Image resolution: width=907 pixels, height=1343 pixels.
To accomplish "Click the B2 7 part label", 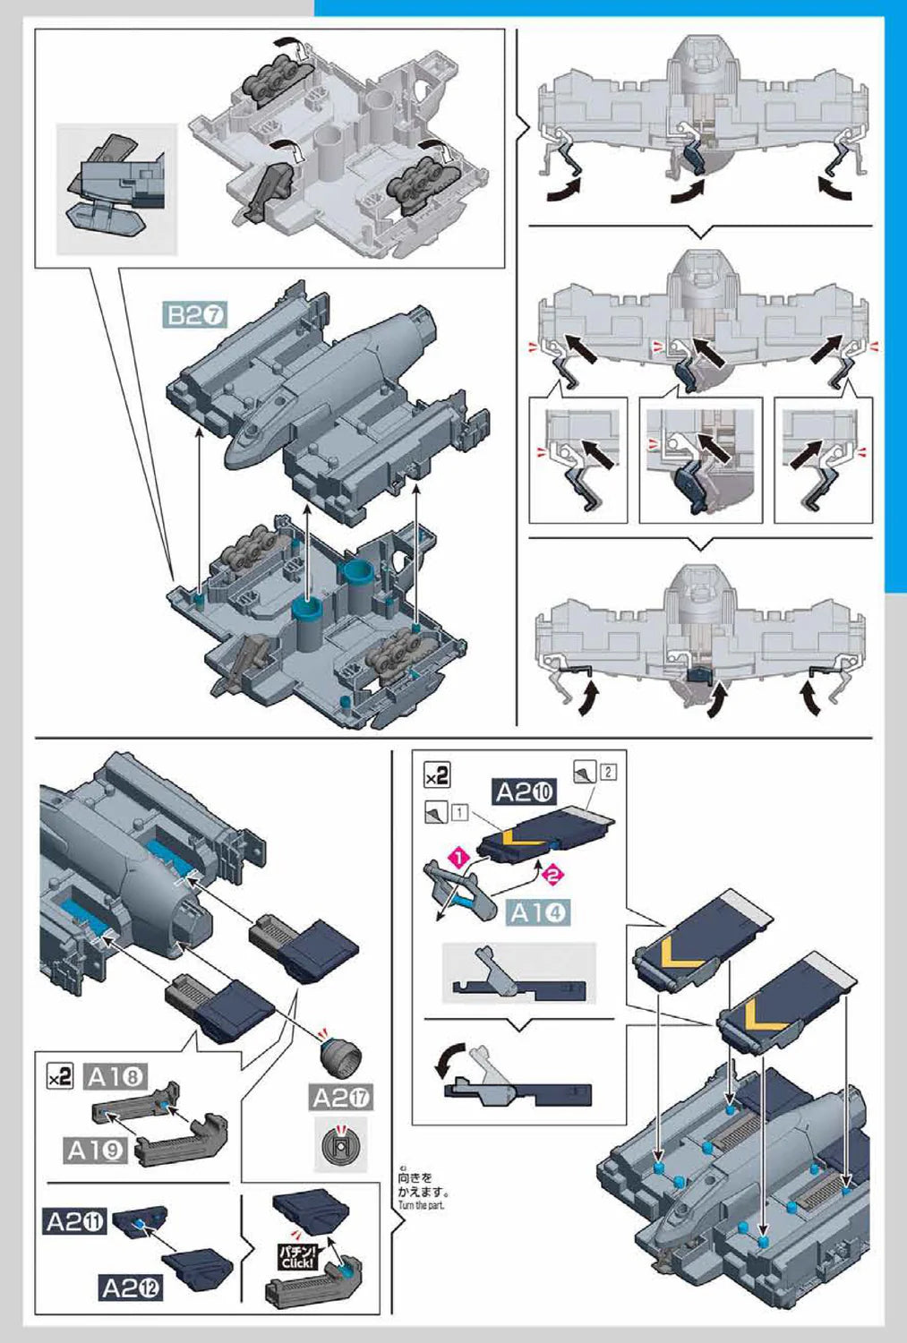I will pyautogui.click(x=195, y=314).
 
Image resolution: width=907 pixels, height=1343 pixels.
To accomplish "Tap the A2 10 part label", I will pyautogui.click(x=525, y=791).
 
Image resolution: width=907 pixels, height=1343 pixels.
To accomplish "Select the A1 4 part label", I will pyautogui.click(x=538, y=912).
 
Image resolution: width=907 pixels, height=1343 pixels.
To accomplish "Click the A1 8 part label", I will pyautogui.click(x=116, y=1076).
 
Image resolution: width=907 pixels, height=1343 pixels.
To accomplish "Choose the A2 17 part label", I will pyautogui.click(x=341, y=1098).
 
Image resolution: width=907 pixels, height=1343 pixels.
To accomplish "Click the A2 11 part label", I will pyautogui.click(x=75, y=1221).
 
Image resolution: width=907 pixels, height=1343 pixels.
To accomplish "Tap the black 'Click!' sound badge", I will pyautogui.click(x=296, y=1257).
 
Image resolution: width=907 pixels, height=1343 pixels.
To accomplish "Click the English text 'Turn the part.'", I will pyautogui.click(x=421, y=1205).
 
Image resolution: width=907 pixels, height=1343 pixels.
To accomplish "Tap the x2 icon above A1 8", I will pyautogui.click(x=59, y=1077).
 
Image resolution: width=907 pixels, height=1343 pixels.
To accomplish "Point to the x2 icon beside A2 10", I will pyautogui.click(x=437, y=774).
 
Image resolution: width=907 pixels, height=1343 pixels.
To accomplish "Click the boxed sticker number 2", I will pyautogui.click(x=608, y=771).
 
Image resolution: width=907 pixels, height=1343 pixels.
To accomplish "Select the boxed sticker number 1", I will pyautogui.click(x=459, y=813).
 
